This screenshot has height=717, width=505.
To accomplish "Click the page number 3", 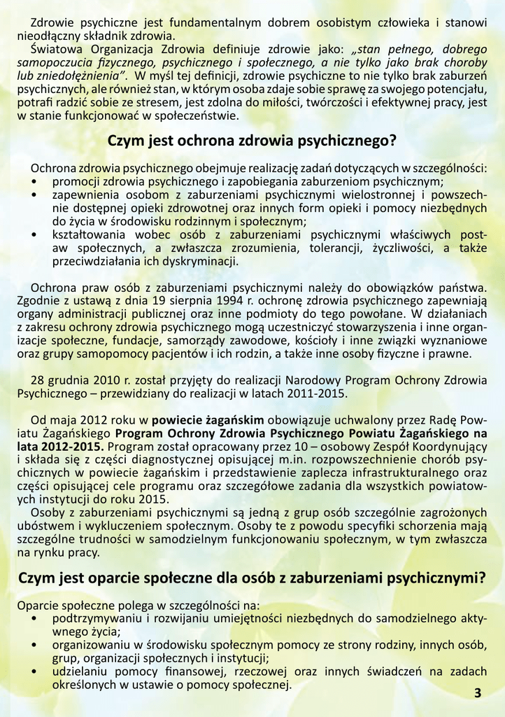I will pos(478,693).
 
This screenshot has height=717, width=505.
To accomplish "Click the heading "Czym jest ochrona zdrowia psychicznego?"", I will pos(252,140).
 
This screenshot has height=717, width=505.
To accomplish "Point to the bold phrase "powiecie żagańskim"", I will pos(208,420).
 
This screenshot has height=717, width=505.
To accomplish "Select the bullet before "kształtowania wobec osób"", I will pos(36,236).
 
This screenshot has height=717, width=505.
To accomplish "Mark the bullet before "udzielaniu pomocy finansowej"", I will pos(36,672).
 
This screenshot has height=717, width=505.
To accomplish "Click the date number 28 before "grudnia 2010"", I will pos(38,380).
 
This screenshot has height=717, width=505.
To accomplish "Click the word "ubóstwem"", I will pos(44,526).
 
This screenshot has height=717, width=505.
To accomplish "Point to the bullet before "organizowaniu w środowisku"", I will pos(36,646).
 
